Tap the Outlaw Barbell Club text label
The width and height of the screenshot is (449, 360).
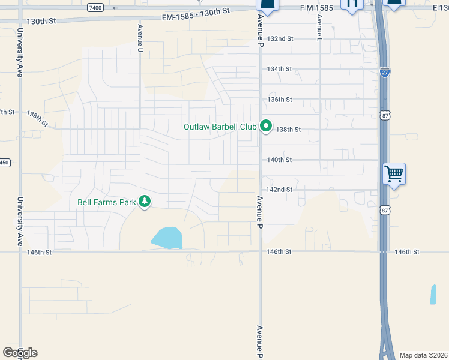click(x=220, y=127)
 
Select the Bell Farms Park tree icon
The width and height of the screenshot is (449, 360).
click(x=144, y=202)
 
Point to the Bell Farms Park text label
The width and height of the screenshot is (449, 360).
click(x=107, y=202)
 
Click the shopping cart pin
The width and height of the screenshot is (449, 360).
click(x=394, y=174)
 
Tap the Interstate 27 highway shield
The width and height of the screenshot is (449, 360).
click(x=385, y=73)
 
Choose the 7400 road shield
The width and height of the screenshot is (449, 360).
click(x=95, y=7)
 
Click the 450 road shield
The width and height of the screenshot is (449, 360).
click(x=4, y=163)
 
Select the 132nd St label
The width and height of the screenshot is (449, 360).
click(x=280, y=38)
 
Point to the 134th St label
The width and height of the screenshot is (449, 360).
click(x=280, y=69)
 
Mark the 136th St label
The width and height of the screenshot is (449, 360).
click(x=280, y=100)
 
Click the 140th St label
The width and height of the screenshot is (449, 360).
click(x=280, y=160)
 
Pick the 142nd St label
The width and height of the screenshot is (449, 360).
click(x=280, y=190)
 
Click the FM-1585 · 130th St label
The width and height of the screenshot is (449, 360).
click(x=196, y=13)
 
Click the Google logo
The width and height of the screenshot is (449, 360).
click(x=20, y=352)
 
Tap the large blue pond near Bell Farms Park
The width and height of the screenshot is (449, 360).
click(x=167, y=238)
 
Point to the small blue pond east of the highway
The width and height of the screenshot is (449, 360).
click(x=433, y=294)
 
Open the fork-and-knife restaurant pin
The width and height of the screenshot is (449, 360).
click(x=352, y=4)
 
